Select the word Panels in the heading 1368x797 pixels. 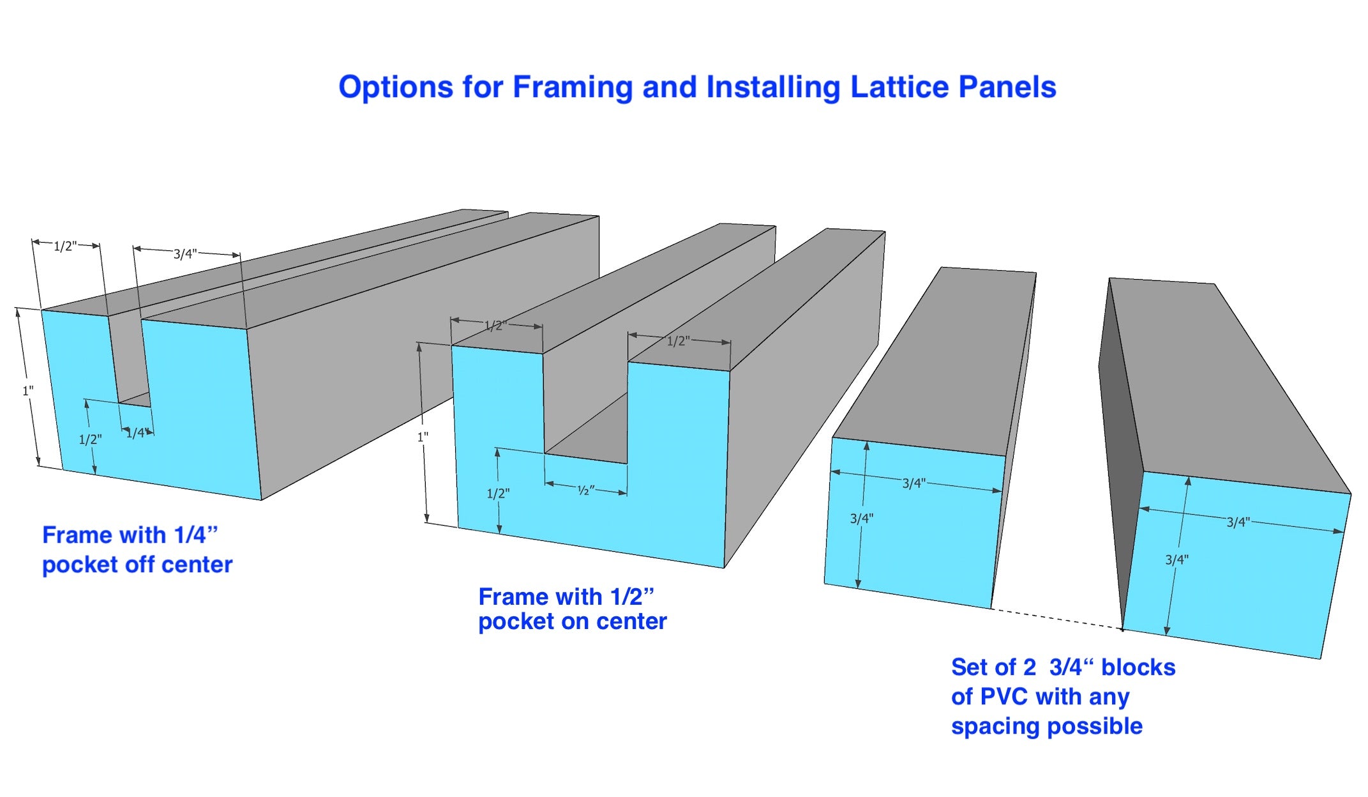click(x=1011, y=87)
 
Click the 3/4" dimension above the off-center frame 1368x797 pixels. click(x=184, y=254)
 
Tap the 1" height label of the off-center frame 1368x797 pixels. click(x=28, y=390)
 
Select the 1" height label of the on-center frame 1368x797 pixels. click(x=423, y=437)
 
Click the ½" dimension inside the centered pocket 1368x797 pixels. click(x=586, y=490)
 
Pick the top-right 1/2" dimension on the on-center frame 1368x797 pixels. click(x=679, y=341)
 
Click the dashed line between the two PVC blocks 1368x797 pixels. click(x=1057, y=619)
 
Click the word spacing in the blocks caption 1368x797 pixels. click(x=996, y=727)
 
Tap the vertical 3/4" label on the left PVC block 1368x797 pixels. click(x=861, y=519)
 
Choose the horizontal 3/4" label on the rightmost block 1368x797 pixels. click(x=1238, y=522)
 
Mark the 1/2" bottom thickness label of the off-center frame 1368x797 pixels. click(x=90, y=439)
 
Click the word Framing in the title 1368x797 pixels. click(x=573, y=87)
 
